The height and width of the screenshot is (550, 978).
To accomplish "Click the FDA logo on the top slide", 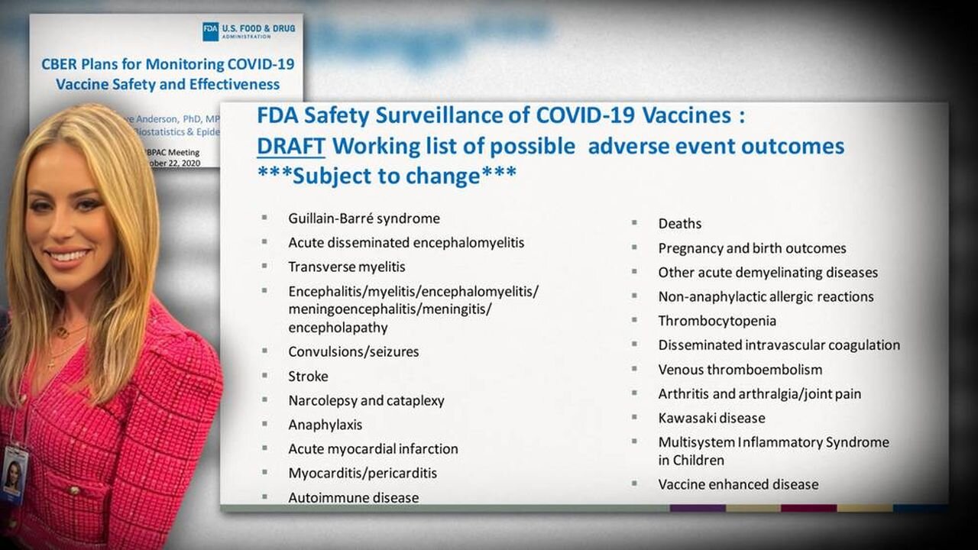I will pyautogui.click(x=210, y=31).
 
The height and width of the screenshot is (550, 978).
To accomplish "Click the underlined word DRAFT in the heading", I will pyautogui.click(x=291, y=146).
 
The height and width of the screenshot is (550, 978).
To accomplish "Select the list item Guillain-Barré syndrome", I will pyautogui.click(x=364, y=218).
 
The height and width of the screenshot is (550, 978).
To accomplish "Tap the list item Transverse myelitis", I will pyautogui.click(x=346, y=267).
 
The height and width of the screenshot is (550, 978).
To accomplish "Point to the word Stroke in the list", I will pyautogui.click(x=308, y=377).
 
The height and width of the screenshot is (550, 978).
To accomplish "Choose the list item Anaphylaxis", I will pyautogui.click(x=325, y=425).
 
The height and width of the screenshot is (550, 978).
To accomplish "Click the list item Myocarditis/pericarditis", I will pyautogui.click(x=362, y=474).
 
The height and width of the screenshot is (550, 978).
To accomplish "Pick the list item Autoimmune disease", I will pyautogui.click(x=353, y=498).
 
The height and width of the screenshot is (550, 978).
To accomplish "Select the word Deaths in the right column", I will pyautogui.click(x=679, y=224).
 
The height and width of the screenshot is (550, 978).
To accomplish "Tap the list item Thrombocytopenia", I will pyautogui.click(x=717, y=321).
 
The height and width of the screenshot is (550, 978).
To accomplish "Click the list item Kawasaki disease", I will pyautogui.click(x=711, y=419).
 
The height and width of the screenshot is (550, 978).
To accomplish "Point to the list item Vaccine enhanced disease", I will pyautogui.click(x=738, y=484).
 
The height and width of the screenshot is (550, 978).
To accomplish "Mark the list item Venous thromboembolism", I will pyautogui.click(x=740, y=370).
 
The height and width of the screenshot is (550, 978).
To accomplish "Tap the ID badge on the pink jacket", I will pyautogui.click(x=14, y=474).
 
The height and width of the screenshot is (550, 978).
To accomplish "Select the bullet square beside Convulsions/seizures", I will pyautogui.click(x=264, y=351).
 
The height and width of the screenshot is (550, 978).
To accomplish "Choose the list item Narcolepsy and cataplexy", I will pyautogui.click(x=366, y=401).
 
